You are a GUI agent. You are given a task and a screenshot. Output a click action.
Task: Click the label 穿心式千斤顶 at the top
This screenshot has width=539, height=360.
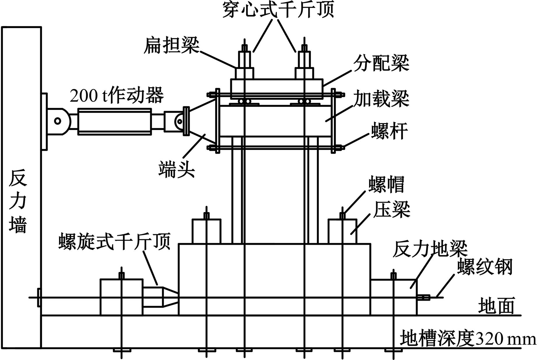tap(278, 10)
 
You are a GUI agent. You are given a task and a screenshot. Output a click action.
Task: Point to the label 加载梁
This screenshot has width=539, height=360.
tap(381, 98)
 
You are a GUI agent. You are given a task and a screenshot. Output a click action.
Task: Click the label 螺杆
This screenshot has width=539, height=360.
tap(389, 131)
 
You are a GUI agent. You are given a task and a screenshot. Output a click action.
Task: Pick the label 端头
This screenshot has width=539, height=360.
tap(176, 169)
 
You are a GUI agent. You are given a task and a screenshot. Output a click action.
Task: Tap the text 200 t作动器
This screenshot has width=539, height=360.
tap(116, 95)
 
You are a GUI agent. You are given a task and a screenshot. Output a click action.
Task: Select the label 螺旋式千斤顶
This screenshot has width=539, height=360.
tap(114, 241)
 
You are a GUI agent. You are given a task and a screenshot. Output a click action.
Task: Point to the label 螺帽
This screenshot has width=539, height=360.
tap(386, 184)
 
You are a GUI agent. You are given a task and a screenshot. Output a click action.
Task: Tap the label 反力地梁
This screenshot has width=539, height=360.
tap(430, 249)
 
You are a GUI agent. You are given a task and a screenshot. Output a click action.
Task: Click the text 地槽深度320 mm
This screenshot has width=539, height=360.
tap(468, 338)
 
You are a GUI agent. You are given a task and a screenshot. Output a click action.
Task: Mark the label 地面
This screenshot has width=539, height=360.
tap(496, 306)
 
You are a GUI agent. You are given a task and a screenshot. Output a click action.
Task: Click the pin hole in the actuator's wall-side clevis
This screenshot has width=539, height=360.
tap(58, 121)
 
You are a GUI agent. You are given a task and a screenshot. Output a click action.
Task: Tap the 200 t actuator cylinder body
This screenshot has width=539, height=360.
tap(115, 121)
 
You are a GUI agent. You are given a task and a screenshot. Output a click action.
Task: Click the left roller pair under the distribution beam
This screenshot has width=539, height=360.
tap(244, 101)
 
